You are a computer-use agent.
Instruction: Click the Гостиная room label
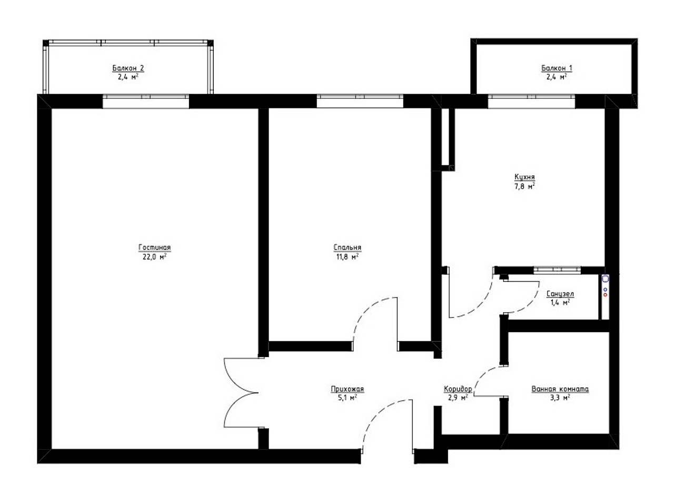coord(154,248)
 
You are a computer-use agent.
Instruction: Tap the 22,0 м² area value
coord(154,257)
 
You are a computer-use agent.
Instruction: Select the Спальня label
coord(348,248)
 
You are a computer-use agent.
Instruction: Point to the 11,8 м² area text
coord(348,257)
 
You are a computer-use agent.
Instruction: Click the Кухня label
coord(524,177)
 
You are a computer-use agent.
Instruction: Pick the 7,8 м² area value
coord(524,186)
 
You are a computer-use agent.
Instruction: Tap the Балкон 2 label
coord(128,68)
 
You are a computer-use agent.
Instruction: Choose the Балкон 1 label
coord(557,68)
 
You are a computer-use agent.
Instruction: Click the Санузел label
coord(560,294)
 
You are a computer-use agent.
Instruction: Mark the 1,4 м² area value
coord(560,303)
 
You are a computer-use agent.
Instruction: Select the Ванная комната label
coord(560,389)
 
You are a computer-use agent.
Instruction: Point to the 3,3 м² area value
coord(560,398)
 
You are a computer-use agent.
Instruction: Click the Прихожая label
coord(348,389)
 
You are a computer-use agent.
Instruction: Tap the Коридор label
coord(458,389)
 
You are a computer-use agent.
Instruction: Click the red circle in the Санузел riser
coord(605,295)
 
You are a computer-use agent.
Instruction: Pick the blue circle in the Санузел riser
coord(605,289)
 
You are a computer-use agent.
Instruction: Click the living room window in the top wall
coord(145,101)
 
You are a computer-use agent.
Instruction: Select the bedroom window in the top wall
coord(360,101)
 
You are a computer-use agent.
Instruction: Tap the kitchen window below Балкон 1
coord(531,101)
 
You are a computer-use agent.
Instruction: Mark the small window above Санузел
coord(557,270)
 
